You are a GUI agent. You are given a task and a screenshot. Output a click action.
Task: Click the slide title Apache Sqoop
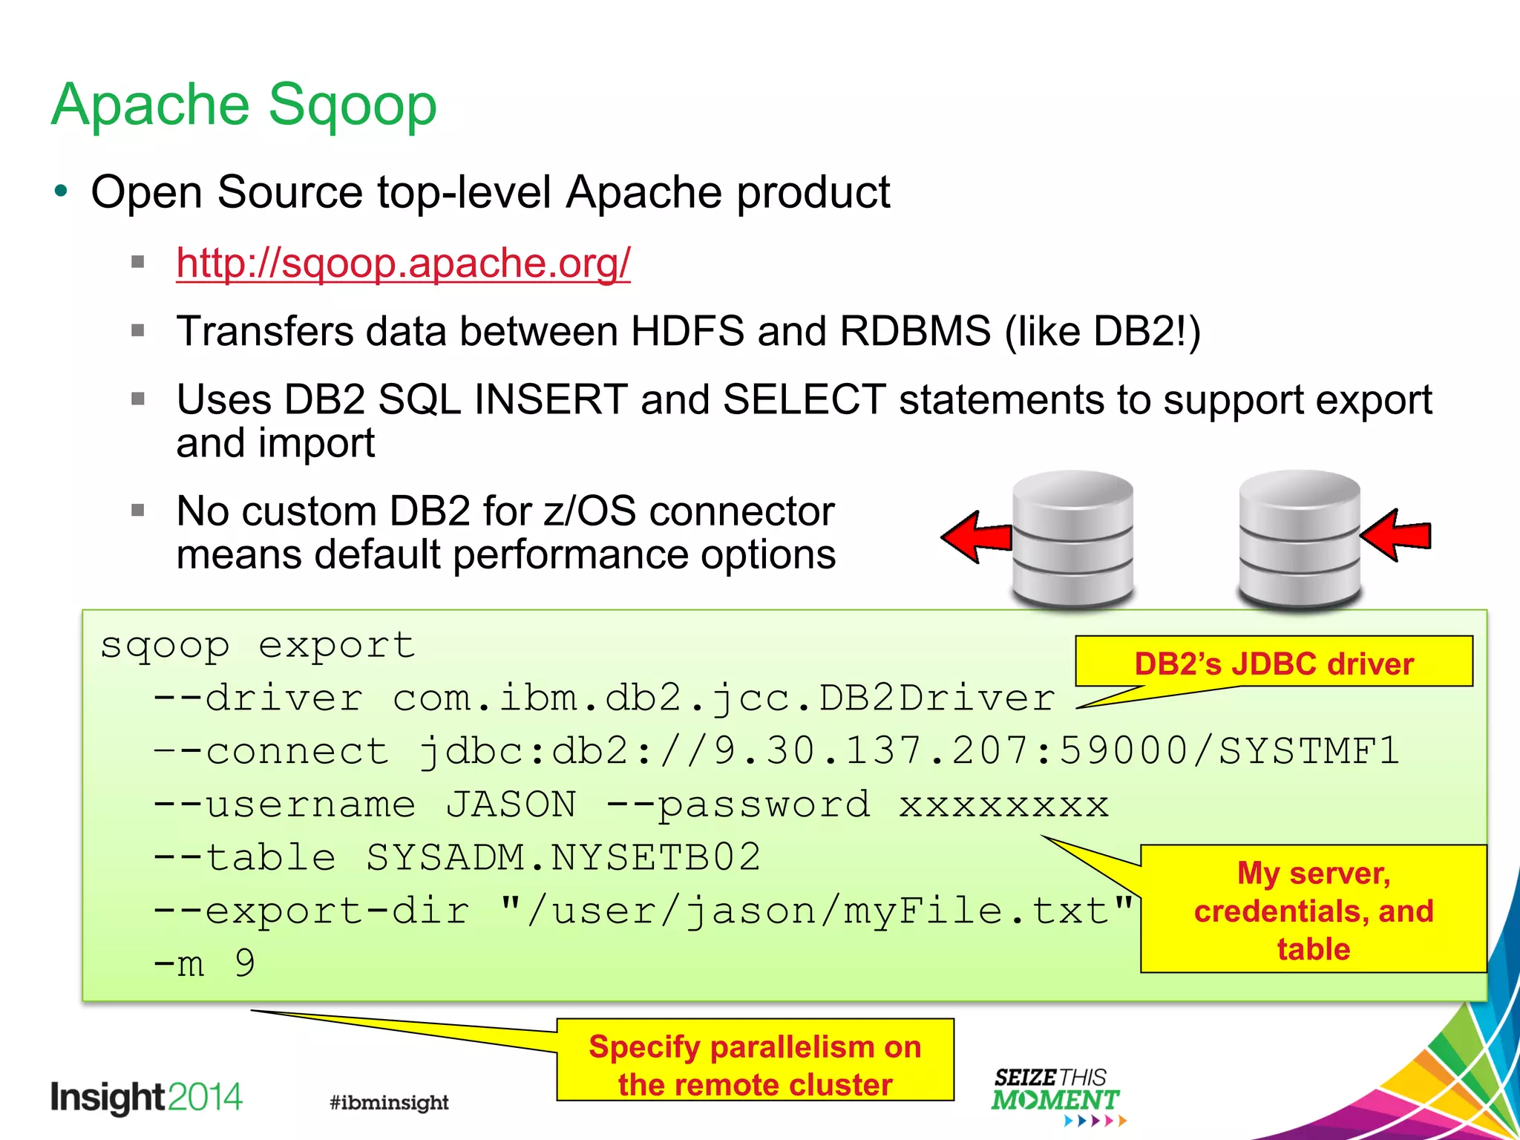click(x=244, y=105)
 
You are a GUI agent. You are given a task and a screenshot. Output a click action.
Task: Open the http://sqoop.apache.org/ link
click(x=403, y=263)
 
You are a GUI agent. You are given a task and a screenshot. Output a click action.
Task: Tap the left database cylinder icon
click(x=1072, y=539)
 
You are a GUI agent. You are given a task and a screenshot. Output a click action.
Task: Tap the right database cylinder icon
click(x=1300, y=539)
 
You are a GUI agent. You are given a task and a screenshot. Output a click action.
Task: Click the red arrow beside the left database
click(x=976, y=537)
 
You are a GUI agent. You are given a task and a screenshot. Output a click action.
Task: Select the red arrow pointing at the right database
click(x=1396, y=535)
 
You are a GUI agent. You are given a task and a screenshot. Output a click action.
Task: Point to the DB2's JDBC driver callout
click(x=1274, y=662)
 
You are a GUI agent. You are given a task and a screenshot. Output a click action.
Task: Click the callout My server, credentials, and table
click(x=1313, y=910)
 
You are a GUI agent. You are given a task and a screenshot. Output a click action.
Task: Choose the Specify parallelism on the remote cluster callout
click(x=755, y=1064)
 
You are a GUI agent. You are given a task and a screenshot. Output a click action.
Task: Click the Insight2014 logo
click(x=146, y=1098)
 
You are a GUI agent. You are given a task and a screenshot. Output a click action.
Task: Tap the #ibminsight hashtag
click(x=389, y=1102)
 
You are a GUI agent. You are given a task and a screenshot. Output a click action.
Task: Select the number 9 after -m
click(x=245, y=964)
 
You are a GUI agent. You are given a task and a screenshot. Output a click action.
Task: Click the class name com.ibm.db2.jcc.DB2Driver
click(x=723, y=698)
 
